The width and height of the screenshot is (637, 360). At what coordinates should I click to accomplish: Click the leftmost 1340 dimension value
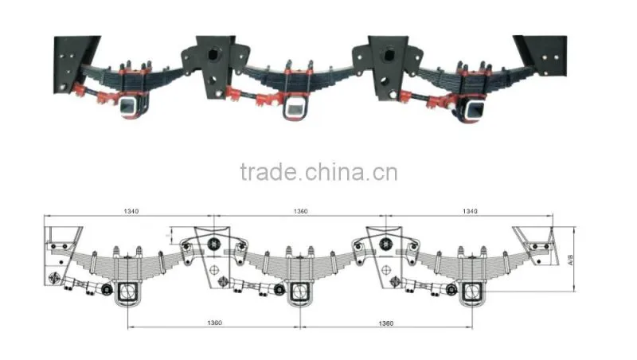pyautogui.click(x=131, y=211)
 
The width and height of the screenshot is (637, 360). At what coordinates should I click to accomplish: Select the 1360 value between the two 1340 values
pyautogui.click(x=301, y=211)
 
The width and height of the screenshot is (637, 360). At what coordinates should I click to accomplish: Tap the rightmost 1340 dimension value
pyautogui.click(x=470, y=211)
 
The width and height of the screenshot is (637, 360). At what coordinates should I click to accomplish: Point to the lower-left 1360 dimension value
pyautogui.click(x=214, y=323)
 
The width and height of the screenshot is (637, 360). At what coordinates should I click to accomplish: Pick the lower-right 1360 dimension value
pyautogui.click(x=386, y=323)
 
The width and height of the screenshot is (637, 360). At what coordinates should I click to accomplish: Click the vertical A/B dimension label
pyautogui.click(x=570, y=260)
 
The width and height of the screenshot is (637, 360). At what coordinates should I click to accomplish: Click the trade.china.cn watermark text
pyautogui.click(x=319, y=172)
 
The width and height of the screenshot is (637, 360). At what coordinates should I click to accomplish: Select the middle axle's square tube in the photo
pyautogui.click(x=295, y=108)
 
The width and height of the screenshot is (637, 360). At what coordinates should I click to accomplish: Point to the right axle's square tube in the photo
pyautogui.click(x=474, y=110)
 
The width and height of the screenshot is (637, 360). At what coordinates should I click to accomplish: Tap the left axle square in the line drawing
pyautogui.click(x=128, y=292)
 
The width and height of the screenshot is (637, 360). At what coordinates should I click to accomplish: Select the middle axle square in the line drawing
pyautogui.click(x=300, y=292)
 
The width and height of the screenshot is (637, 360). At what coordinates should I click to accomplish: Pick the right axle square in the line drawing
pyautogui.click(x=472, y=292)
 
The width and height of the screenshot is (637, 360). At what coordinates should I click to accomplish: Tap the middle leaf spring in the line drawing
pyautogui.click(x=300, y=265)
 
